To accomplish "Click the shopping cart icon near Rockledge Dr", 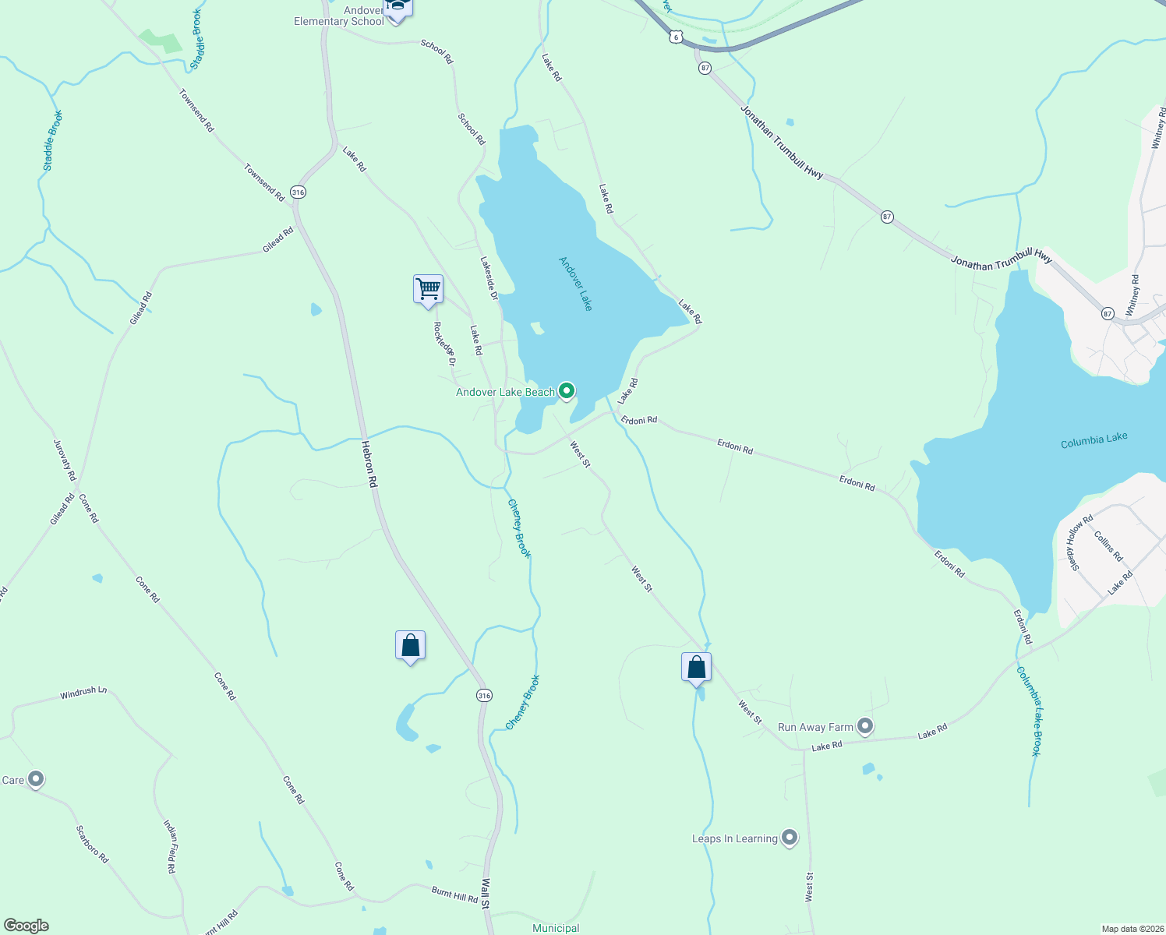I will click(x=428, y=289).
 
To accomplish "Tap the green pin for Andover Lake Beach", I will click(x=567, y=390).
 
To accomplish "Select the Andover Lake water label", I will click(x=576, y=284).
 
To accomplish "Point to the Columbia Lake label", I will click(x=1094, y=440).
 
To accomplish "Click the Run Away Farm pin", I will click(x=864, y=726).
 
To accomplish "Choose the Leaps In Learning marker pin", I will click(x=790, y=838).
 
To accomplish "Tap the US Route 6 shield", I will click(x=675, y=37).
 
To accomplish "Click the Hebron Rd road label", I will click(x=369, y=464).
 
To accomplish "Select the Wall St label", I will click(x=485, y=894).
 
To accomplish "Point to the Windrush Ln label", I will click(x=83, y=692).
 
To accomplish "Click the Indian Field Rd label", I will click(x=170, y=846).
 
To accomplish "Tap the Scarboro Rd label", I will click(x=92, y=844).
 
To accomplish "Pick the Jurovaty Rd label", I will click(x=65, y=460).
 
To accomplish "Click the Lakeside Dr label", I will click(x=489, y=279).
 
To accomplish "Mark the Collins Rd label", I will click(x=1108, y=546).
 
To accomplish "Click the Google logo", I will click(x=26, y=926).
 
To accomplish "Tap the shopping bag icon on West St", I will click(x=696, y=668).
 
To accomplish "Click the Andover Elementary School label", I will click(x=339, y=16).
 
